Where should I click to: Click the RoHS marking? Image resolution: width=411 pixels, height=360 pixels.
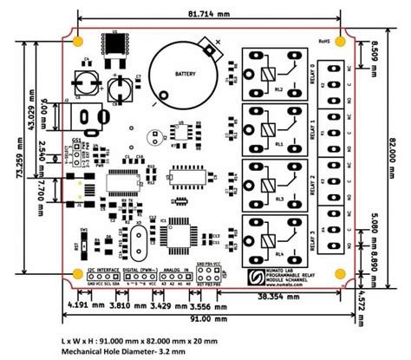click(325, 41)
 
